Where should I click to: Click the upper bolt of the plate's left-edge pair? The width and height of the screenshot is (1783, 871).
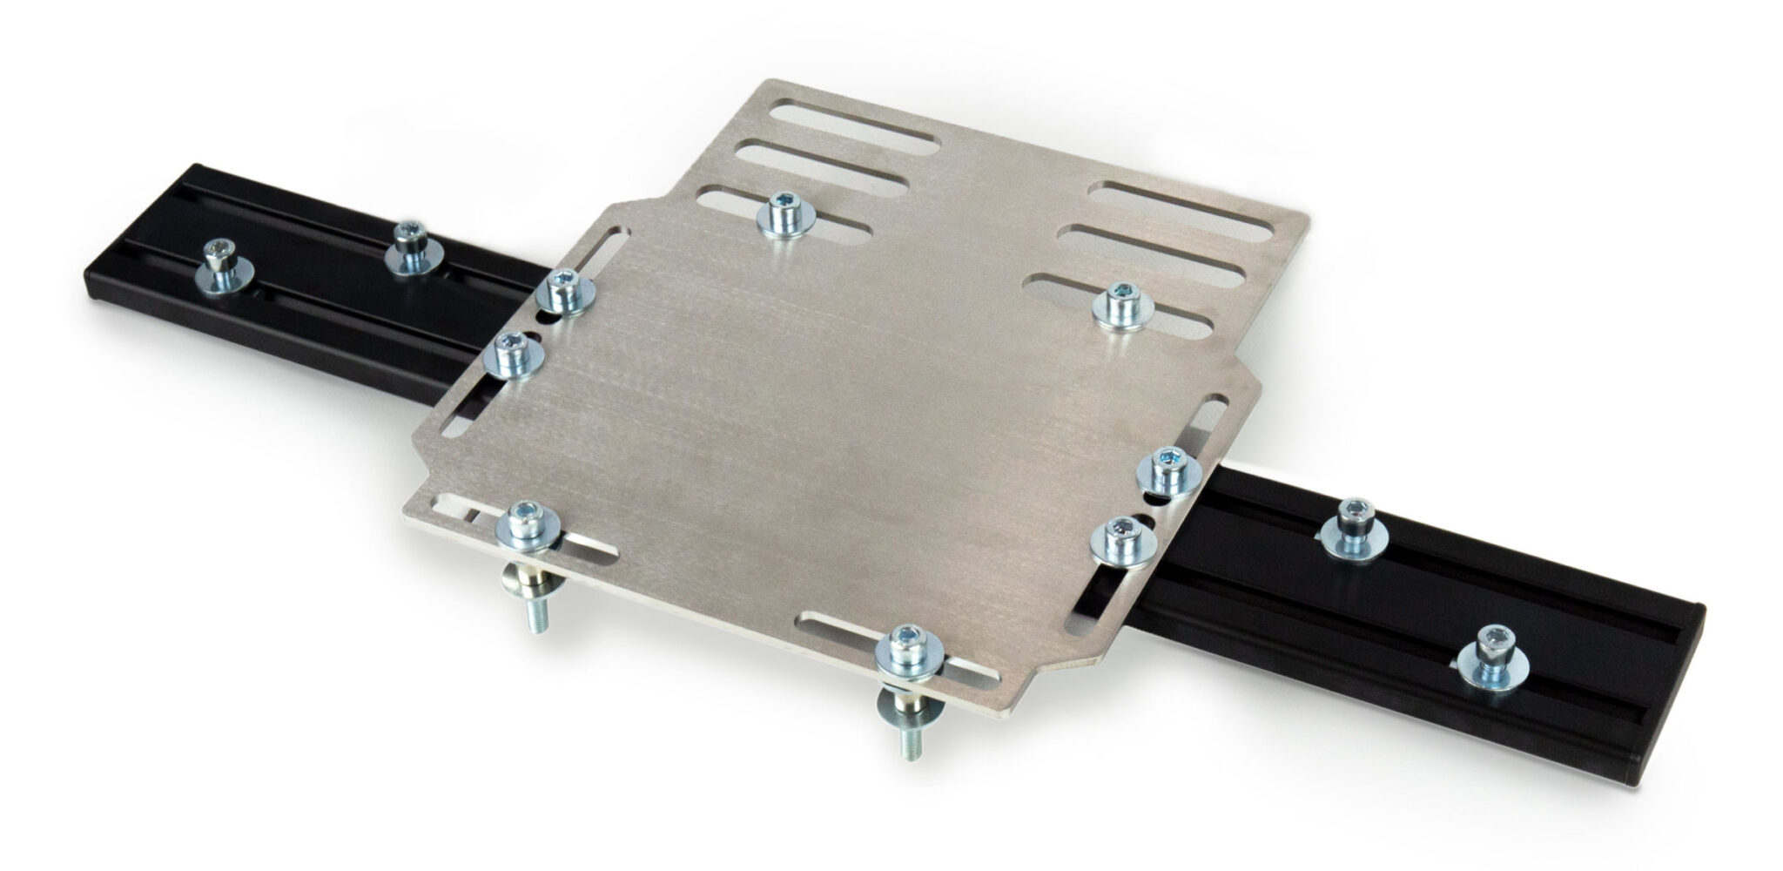pyautogui.click(x=562, y=292)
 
